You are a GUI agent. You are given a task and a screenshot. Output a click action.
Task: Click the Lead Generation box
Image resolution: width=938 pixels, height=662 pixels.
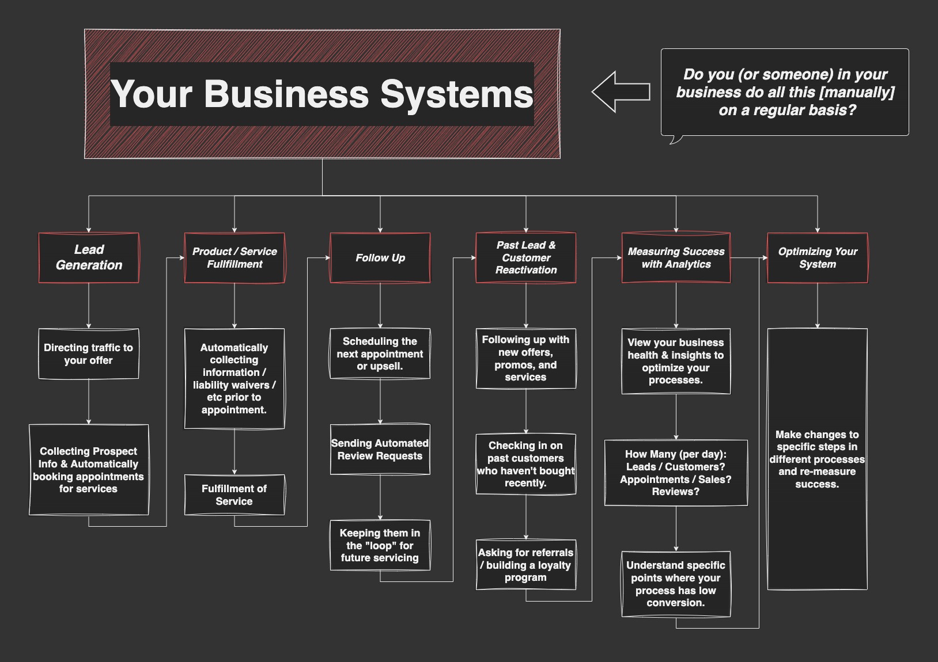tap(89, 258)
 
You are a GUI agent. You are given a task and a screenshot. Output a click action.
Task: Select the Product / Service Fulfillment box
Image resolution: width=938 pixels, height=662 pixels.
tap(234, 258)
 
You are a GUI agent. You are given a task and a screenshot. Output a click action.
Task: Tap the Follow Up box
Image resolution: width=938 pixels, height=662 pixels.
tap(380, 258)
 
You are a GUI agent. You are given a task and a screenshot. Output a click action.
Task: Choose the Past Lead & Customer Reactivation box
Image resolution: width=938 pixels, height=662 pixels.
tap(526, 258)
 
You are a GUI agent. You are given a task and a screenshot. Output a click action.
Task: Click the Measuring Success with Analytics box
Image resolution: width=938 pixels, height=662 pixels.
tap(676, 258)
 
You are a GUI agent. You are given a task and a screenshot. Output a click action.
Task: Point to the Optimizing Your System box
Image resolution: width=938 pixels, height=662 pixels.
tap(818, 258)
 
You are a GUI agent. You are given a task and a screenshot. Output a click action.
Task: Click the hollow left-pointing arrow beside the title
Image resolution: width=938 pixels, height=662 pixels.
tap(621, 92)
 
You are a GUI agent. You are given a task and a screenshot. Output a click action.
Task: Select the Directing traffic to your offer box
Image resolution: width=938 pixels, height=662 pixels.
tap(89, 354)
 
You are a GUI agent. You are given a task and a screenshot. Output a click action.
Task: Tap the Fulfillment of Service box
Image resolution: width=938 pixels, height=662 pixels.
tap(234, 495)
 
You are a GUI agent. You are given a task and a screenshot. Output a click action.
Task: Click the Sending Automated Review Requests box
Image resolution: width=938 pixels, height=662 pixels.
tap(380, 450)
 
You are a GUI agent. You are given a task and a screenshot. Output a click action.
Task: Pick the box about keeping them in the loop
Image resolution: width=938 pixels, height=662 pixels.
tap(380, 546)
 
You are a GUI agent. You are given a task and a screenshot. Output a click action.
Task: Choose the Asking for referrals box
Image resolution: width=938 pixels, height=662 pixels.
tap(526, 565)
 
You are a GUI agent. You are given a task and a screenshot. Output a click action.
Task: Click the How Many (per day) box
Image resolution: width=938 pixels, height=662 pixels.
tap(676, 473)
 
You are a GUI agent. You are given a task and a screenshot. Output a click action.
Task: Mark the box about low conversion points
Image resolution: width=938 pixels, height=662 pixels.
tap(676, 584)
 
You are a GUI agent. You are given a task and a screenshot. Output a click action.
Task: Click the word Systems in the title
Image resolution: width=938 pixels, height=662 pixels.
tap(456, 94)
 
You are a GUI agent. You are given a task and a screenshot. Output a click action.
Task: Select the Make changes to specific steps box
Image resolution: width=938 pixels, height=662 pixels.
tap(818, 459)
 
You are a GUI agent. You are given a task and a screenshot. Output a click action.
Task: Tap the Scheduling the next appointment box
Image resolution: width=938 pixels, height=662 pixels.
tap(380, 353)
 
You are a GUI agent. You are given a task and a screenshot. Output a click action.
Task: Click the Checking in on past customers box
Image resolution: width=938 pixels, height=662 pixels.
tap(526, 464)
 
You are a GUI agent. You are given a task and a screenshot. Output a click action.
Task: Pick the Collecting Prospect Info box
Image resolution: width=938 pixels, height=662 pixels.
tap(89, 470)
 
